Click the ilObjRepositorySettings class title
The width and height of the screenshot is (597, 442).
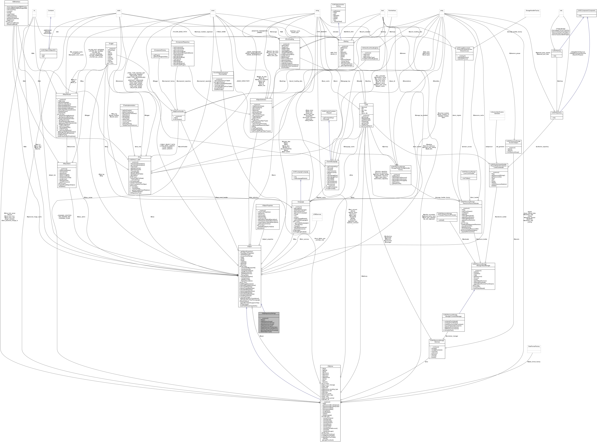(x=269, y=313)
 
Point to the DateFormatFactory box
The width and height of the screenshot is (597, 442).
(x=534, y=346)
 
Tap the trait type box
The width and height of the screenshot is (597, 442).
(x=561, y=11)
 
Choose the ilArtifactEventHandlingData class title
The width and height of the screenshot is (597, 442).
(x=370, y=48)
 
